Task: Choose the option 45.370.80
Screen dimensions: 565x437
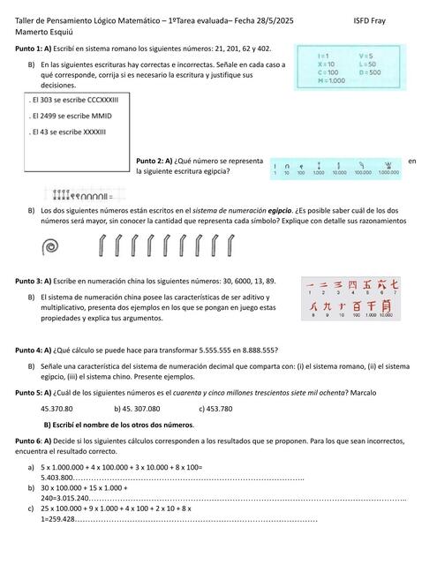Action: (x=57, y=409)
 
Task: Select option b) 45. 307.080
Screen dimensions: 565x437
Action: (x=137, y=409)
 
